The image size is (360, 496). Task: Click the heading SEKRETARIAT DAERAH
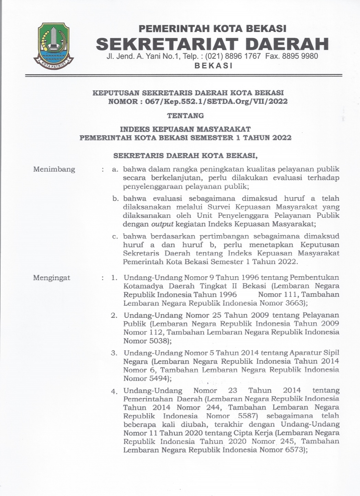coord(212,44)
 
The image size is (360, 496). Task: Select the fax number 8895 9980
coord(300,56)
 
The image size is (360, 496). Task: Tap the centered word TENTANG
coord(185,116)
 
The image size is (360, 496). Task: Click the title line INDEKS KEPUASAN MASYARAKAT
coord(185,129)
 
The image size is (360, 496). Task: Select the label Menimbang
coord(54,169)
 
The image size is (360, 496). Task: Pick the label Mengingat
coord(52,278)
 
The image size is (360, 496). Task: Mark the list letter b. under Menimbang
coord(116,199)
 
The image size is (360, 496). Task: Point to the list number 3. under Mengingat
coord(114,353)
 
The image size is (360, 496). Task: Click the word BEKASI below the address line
coord(213,66)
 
